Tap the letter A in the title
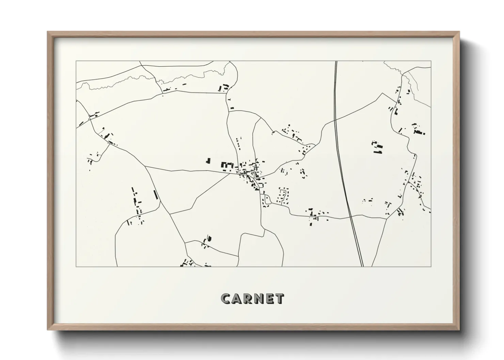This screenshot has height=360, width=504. (237, 299)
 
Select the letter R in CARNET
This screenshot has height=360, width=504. (249, 299)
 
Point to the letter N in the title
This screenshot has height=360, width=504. (259, 299)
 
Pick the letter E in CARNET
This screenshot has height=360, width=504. (270, 299)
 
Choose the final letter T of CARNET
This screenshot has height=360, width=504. (280, 299)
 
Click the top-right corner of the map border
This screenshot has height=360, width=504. (431, 61)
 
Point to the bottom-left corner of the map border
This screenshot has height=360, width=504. (76, 266)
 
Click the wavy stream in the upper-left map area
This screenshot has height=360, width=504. (119, 82)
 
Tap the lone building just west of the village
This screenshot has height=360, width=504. (208, 161)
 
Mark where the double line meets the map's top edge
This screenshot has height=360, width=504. (336, 62)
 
